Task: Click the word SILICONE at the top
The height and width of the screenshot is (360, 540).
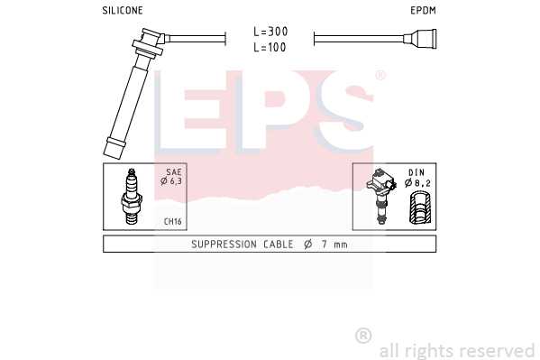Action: point(123,10)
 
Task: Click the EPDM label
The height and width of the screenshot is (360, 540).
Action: point(423,10)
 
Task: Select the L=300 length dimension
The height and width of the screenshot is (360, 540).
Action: point(270,32)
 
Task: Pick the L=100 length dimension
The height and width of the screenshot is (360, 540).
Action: point(270,47)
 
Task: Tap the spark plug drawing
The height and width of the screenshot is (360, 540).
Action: point(132,196)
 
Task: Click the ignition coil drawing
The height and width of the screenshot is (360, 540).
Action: point(381,196)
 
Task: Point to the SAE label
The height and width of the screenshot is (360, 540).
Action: point(174,171)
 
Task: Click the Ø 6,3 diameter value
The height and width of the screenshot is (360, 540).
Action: point(171,180)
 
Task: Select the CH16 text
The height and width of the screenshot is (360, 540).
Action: point(172,221)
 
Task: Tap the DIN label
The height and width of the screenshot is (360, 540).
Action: point(416,172)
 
